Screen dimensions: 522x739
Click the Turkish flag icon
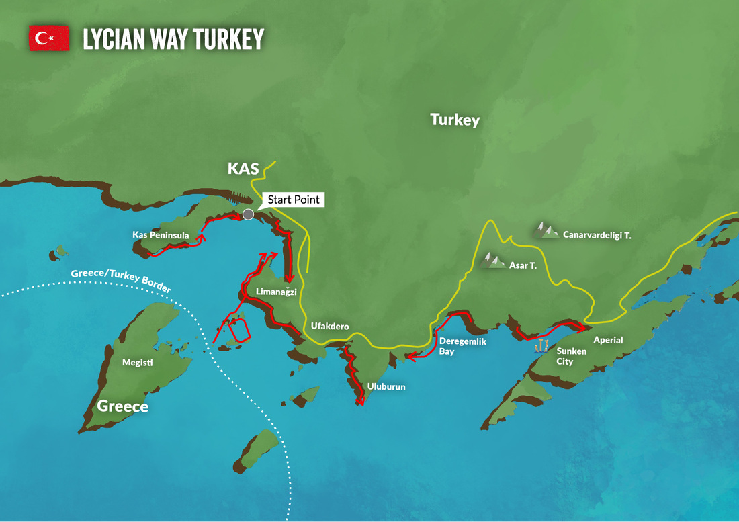pyautogui.click(x=49, y=38)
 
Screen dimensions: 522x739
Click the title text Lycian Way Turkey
pyautogui.click(x=173, y=39)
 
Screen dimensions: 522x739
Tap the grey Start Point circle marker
pyautogui.click(x=248, y=214)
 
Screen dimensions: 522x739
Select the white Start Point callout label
pyautogui.click(x=294, y=200)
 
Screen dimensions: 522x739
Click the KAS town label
pyautogui.click(x=243, y=169)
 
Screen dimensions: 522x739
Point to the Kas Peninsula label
pyautogui.click(x=161, y=235)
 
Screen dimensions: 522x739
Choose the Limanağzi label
pyautogui.click(x=276, y=292)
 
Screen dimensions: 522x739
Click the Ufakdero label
pyautogui.click(x=329, y=327)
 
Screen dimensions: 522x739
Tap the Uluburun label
pyautogui.click(x=386, y=387)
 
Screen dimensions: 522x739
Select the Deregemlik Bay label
pyautogui.click(x=462, y=346)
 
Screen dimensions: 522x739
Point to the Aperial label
pyautogui.click(x=608, y=340)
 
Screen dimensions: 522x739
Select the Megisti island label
pyautogui.click(x=138, y=362)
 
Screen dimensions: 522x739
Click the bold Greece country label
pyautogui.click(x=122, y=406)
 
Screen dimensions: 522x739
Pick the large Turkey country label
pyautogui.click(x=455, y=120)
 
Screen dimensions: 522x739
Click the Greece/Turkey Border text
pyautogui.click(x=121, y=280)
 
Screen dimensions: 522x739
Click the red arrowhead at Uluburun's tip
pyautogui.click(x=360, y=403)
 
